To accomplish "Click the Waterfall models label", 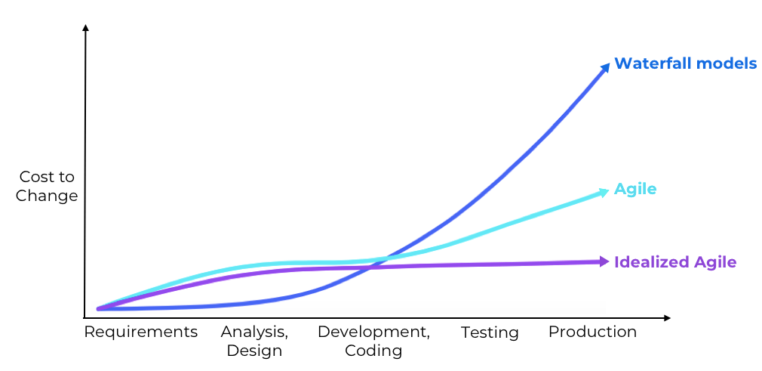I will click(685, 63).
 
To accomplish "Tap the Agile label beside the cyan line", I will click(635, 189).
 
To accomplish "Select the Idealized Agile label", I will click(675, 262).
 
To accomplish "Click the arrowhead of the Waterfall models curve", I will click(605, 68).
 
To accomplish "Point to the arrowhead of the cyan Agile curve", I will click(604, 192).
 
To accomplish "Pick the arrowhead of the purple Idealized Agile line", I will click(604, 261).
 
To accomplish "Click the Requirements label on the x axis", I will click(140, 332).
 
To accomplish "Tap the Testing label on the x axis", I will click(490, 332).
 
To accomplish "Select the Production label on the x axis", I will click(592, 332).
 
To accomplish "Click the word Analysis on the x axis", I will click(253, 332).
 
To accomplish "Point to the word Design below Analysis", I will click(254, 351).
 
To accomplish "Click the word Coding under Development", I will click(373, 351).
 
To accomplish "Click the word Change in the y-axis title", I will click(48, 196).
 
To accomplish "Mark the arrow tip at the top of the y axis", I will click(85, 28).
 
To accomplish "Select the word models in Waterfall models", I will click(724, 63).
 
